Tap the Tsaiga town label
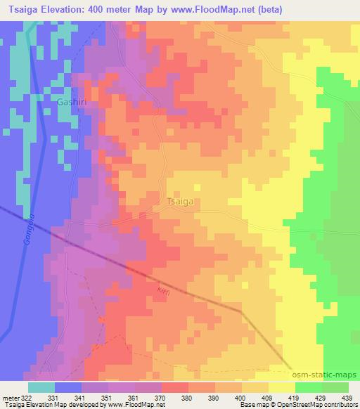pyautogui.click(x=179, y=201)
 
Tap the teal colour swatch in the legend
pyautogui.click(x=41, y=387)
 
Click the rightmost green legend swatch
pyautogui.click(x=335, y=387)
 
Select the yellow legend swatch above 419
pyautogui.click(x=282, y=387)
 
